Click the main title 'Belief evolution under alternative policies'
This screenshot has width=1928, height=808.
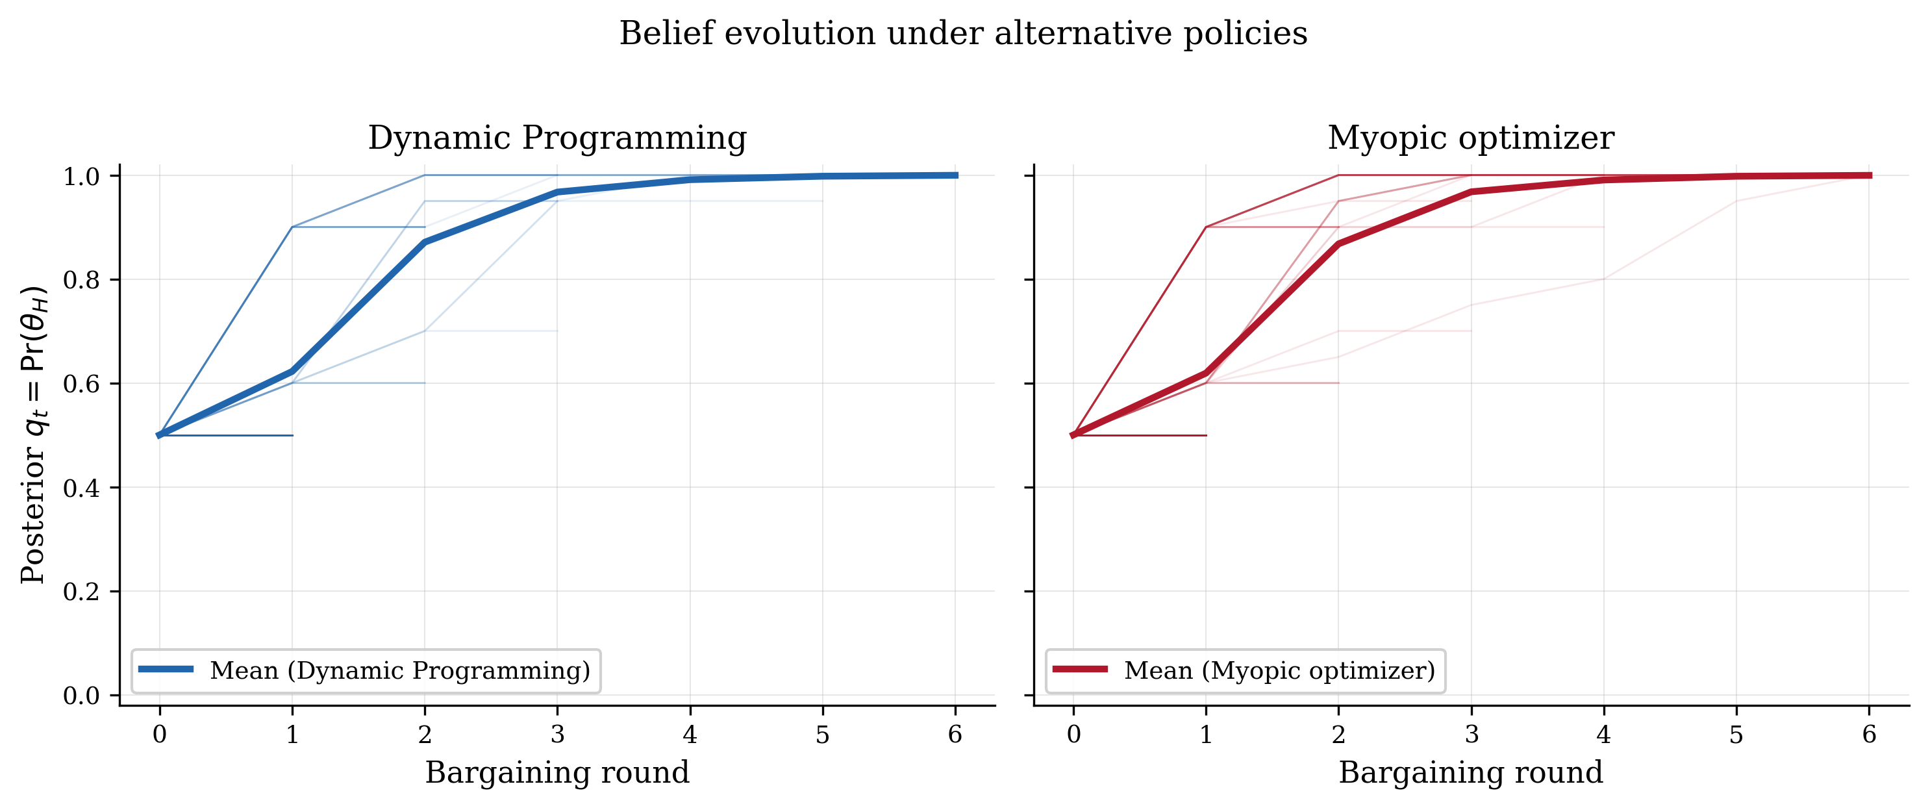(963, 34)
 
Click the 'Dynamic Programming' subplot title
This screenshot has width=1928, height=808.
(557, 138)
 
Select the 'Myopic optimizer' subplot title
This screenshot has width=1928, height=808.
(1471, 138)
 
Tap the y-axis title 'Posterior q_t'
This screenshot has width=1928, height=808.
(34, 435)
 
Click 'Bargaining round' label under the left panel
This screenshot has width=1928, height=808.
(557, 772)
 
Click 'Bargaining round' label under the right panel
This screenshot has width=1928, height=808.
(1471, 772)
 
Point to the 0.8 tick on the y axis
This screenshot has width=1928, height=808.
(81, 280)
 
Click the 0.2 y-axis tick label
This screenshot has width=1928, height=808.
(81, 592)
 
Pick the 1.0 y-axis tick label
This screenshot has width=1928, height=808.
(81, 177)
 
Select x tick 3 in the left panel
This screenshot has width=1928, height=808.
(557, 735)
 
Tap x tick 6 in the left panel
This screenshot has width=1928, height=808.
(955, 735)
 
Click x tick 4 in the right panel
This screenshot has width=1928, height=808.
(1603, 735)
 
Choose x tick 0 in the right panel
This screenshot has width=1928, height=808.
(1073, 735)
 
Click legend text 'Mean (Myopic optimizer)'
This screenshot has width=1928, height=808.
(1279, 670)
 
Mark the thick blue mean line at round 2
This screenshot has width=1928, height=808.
(425, 242)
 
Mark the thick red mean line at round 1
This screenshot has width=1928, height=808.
(1206, 372)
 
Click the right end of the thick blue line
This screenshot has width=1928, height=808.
(955, 175)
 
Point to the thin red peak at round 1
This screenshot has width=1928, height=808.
(1206, 227)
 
